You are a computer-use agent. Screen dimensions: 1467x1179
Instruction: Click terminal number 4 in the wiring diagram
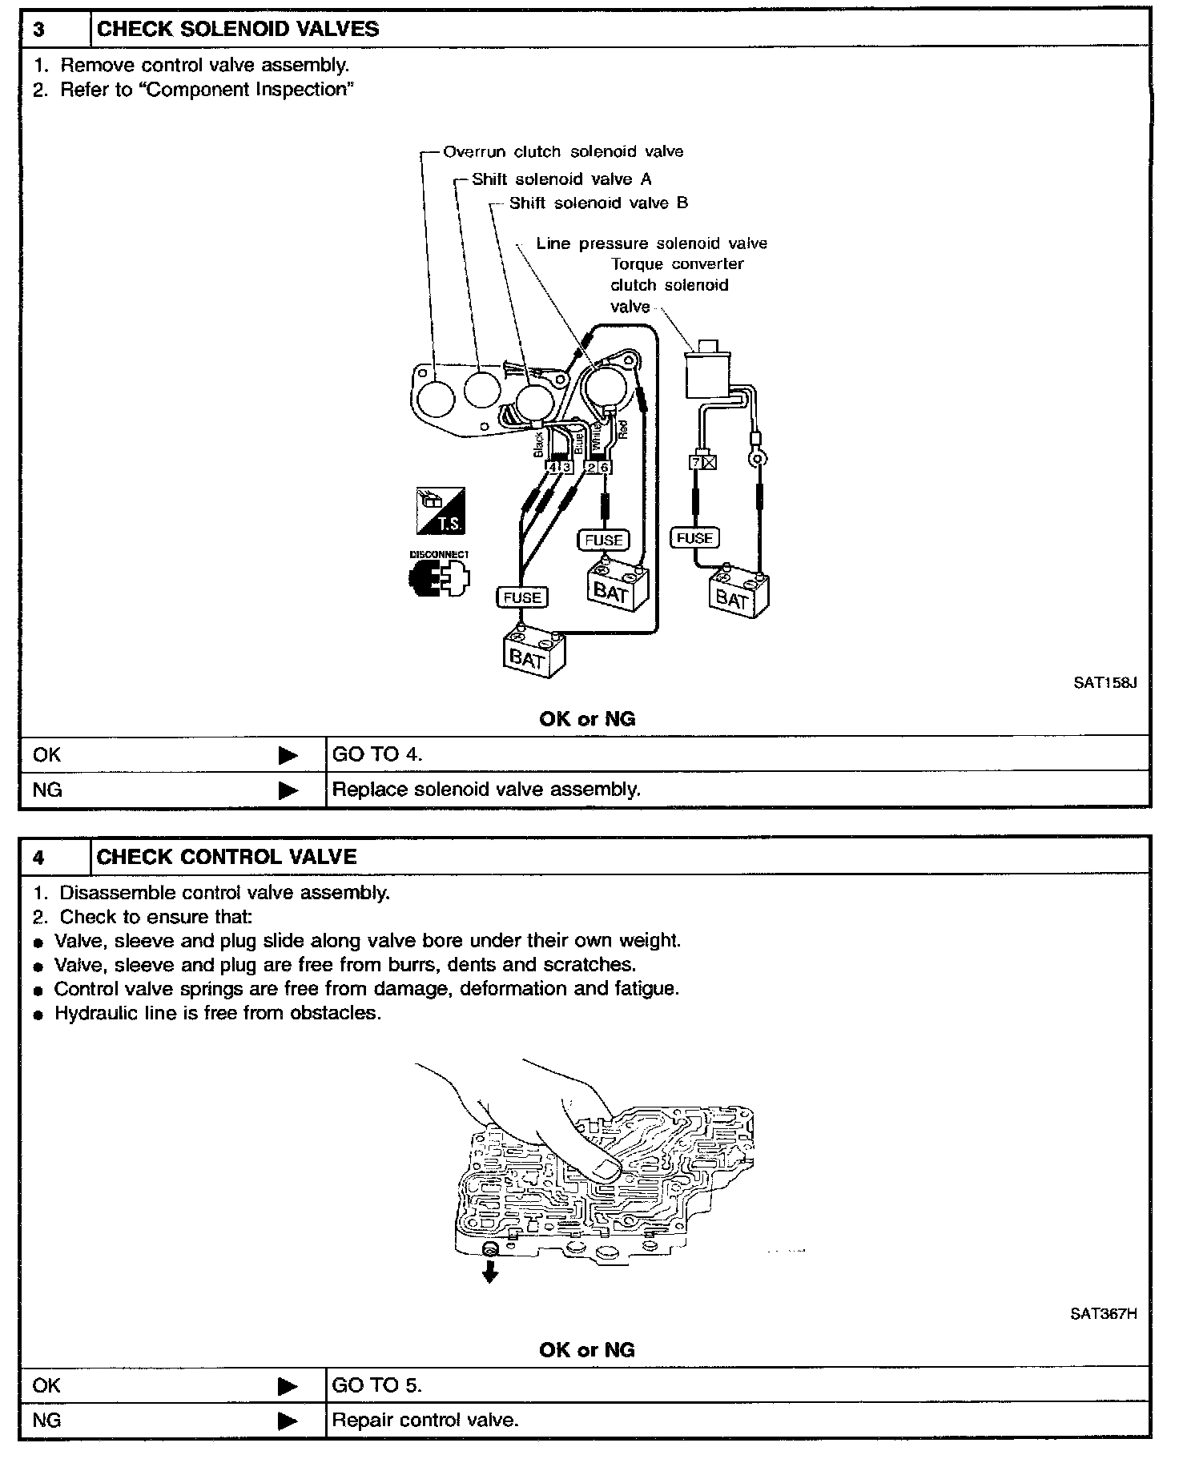pyautogui.click(x=553, y=467)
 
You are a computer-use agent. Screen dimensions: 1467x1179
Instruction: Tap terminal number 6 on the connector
pyautogui.click(x=605, y=468)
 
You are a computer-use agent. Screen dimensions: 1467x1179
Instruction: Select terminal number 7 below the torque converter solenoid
pyautogui.click(x=696, y=462)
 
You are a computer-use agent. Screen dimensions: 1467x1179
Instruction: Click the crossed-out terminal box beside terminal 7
pyautogui.click(x=710, y=462)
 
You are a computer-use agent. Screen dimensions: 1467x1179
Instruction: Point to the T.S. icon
pyautogui.click(x=440, y=511)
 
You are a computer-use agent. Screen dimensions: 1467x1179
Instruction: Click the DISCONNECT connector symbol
pyautogui.click(x=439, y=574)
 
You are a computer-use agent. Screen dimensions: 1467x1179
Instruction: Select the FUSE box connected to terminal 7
pyautogui.click(x=694, y=538)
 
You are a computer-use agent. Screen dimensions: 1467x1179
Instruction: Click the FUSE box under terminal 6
pyautogui.click(x=604, y=540)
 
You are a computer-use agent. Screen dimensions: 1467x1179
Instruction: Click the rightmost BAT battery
pyautogui.click(x=738, y=594)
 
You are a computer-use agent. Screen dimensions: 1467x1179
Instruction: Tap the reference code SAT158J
pyautogui.click(x=1105, y=683)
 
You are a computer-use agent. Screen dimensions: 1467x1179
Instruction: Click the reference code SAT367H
pyautogui.click(x=1103, y=1314)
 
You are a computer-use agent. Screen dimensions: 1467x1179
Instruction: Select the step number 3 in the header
pyautogui.click(x=38, y=30)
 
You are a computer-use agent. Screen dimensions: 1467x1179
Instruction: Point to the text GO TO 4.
pyautogui.click(x=377, y=754)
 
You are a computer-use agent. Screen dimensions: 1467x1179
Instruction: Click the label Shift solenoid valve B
pyautogui.click(x=598, y=203)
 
